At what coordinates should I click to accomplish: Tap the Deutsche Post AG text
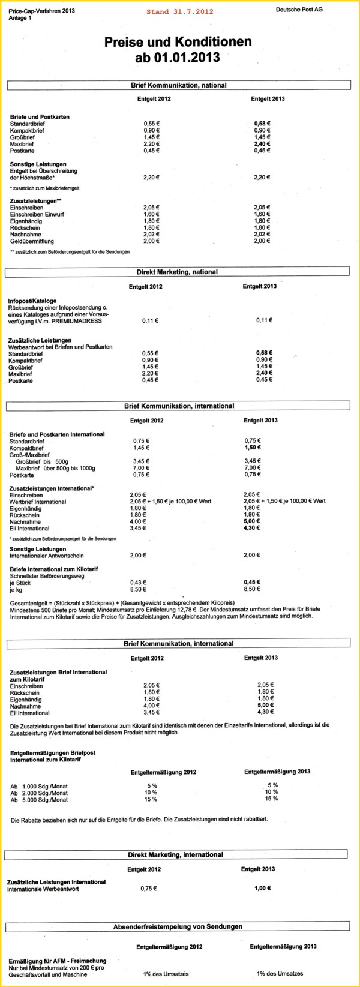pos(298,10)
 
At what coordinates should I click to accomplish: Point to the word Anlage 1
pos(20,19)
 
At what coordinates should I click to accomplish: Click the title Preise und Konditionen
pos(178,42)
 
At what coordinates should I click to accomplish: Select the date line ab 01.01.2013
pos(178,58)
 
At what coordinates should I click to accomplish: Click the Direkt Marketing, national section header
pos(177,272)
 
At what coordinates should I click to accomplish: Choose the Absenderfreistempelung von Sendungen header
pos(178,926)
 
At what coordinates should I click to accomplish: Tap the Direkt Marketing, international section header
pos(175,854)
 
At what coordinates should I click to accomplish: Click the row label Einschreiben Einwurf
pos(37,214)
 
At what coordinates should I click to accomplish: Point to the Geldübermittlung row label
pos(31,241)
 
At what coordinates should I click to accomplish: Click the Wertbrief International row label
pos(38,502)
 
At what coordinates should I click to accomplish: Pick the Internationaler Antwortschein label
pos(47,556)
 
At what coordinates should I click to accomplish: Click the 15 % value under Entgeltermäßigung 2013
pos(272,799)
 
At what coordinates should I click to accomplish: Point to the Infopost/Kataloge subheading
pos(32,301)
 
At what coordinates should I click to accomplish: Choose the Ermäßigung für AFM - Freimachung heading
pos(58,961)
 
